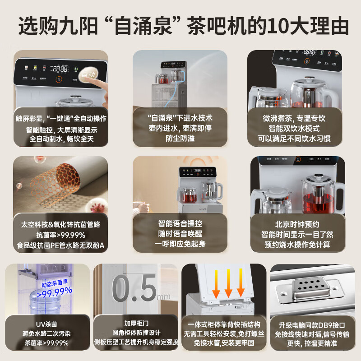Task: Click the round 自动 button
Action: tap(88, 74)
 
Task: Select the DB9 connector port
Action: tap(310, 289)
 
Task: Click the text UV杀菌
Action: tap(45, 324)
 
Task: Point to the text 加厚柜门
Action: tap(136, 324)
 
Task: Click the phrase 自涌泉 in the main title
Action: tap(165, 26)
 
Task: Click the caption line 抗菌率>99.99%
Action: tap(61, 235)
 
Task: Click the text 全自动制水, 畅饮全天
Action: tap(61, 139)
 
